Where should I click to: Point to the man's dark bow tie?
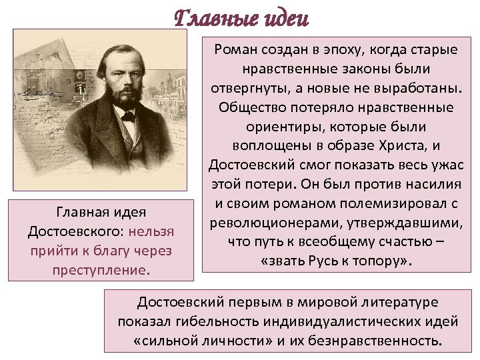coord(127,116)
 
